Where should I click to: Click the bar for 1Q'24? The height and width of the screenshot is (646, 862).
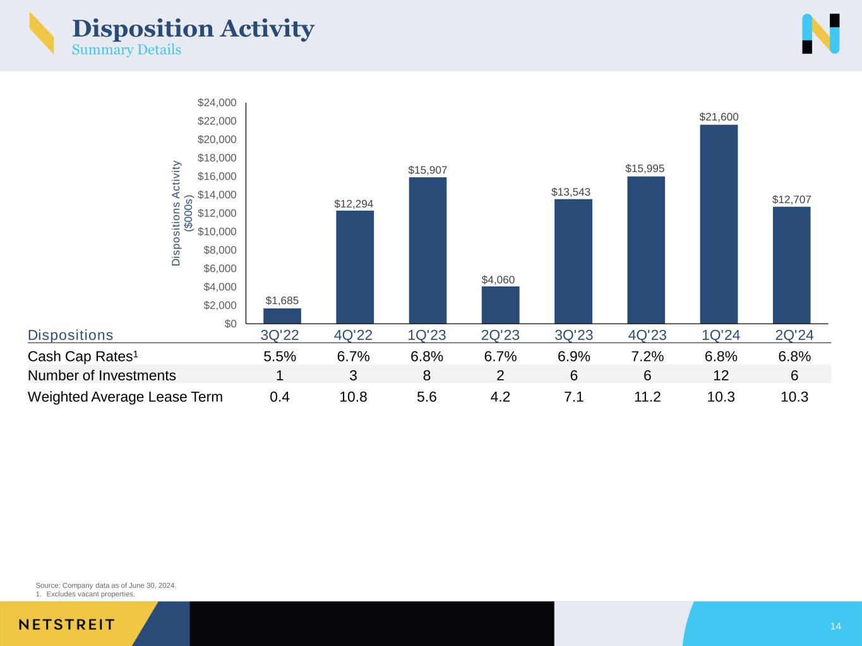coord(719,224)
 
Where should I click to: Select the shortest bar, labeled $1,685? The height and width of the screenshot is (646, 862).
coord(282,315)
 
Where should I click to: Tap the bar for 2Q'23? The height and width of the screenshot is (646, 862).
coord(500,305)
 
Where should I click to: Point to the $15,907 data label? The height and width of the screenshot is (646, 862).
coord(427,170)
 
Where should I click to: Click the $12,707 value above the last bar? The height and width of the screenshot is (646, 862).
coord(791,199)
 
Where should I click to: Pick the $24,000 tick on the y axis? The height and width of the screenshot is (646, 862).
coord(217,102)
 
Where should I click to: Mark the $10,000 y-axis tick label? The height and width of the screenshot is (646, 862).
coord(217,232)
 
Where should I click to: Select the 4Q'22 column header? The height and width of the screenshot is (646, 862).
coord(353,335)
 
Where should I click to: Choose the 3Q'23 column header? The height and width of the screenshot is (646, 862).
coord(573,335)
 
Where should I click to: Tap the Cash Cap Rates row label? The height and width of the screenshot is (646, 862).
coord(83,356)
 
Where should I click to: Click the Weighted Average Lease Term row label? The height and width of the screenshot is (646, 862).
coord(125,397)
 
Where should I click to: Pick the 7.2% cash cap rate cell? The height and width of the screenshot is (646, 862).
coord(647,356)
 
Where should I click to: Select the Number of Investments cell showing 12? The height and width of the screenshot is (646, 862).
coord(721,376)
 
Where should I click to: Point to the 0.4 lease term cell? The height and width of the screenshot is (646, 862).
coord(280,397)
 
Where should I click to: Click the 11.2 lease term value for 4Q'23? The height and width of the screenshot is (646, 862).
coord(647,397)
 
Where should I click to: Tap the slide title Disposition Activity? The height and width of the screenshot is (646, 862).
coord(193,28)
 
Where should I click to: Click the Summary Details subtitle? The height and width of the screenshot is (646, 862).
coord(126,50)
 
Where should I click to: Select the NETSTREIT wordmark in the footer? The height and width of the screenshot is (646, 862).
coord(67,625)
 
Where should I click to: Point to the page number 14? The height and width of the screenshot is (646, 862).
coord(835,626)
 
